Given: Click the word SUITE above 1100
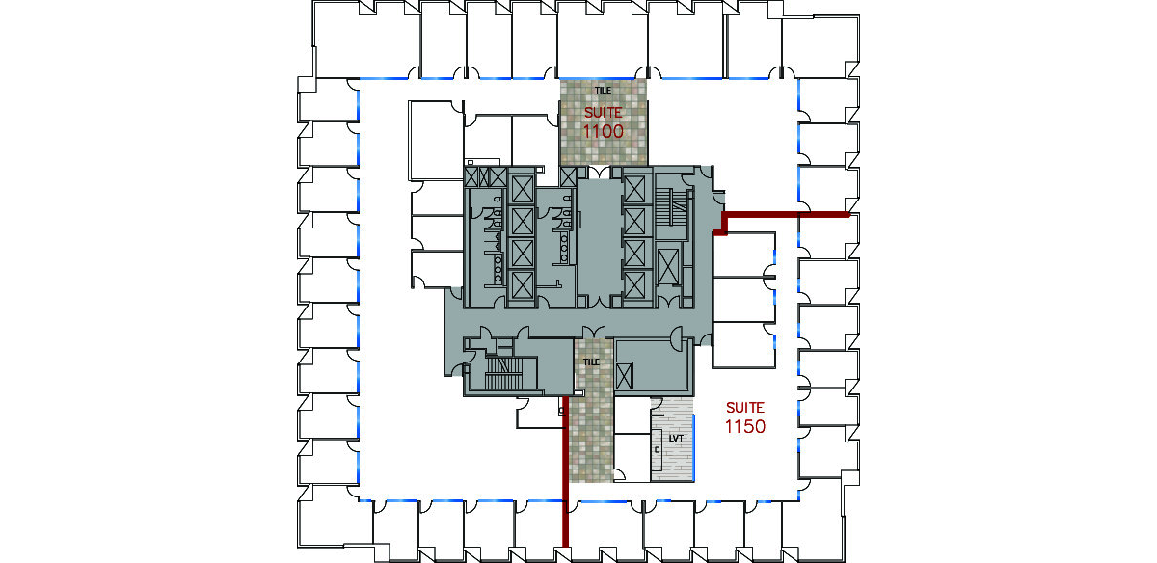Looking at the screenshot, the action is (603, 112).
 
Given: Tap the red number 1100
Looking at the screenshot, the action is (603, 131).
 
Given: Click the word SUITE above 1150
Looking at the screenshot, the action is (744, 408).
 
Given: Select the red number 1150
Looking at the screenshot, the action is (744, 427).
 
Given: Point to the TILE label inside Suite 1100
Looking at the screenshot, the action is (603, 91).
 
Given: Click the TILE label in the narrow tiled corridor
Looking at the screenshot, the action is (591, 362).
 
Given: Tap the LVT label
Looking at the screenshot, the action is (676, 438).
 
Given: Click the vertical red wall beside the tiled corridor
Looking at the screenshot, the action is (566, 471).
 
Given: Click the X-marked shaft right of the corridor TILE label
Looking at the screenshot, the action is (624, 376).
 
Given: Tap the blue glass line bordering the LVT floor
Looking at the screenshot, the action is (693, 446).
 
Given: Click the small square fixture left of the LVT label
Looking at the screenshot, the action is (657, 450).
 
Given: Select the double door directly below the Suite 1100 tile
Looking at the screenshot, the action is (600, 172).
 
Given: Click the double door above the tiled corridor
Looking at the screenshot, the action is (594, 333).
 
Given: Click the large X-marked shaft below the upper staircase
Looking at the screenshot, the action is (668, 266).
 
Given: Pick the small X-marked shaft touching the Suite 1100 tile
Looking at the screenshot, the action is (568, 177).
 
